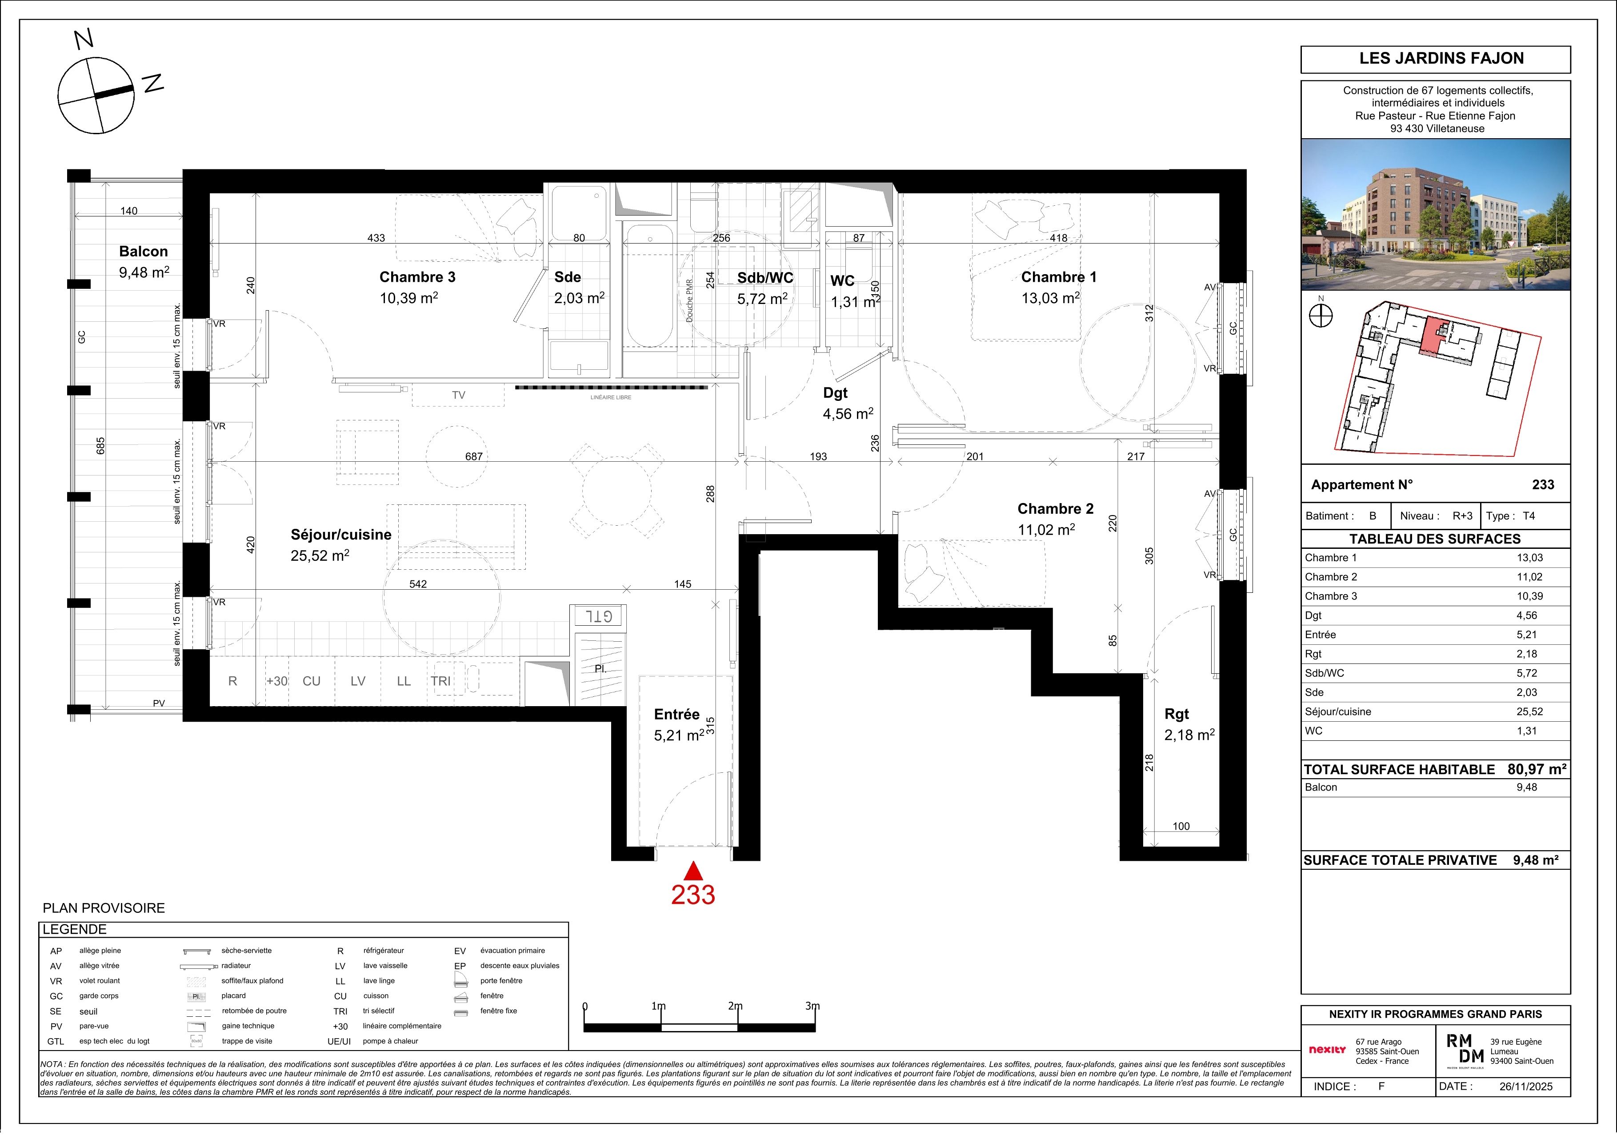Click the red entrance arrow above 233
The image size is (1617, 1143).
(x=693, y=871)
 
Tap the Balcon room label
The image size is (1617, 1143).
(x=144, y=252)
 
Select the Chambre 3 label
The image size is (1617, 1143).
(x=418, y=277)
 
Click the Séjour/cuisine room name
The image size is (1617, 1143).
(x=341, y=535)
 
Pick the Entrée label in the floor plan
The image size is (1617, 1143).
(x=677, y=714)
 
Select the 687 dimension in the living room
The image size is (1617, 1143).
(x=474, y=456)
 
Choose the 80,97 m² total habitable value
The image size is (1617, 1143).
(x=1537, y=769)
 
